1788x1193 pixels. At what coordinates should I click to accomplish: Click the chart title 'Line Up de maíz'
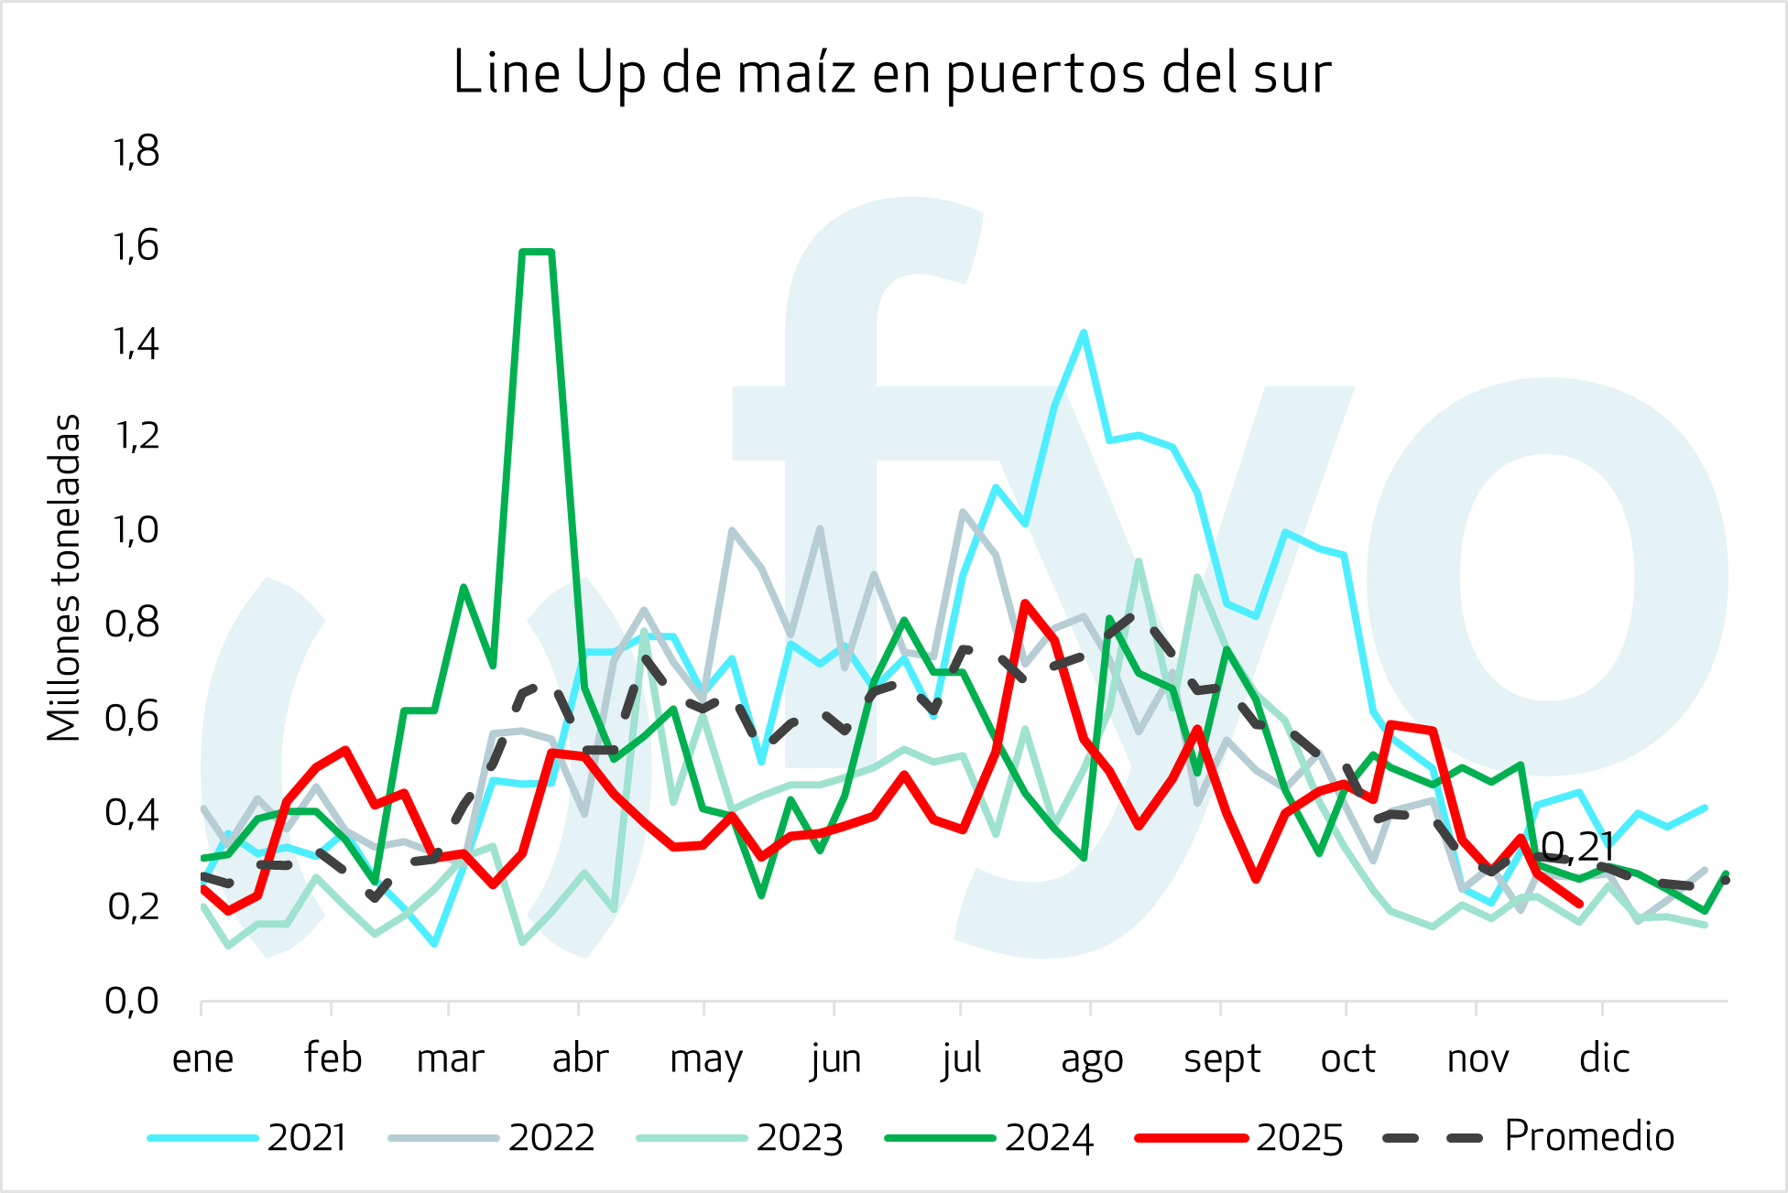coord(892,73)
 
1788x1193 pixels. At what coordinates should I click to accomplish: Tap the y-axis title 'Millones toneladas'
coord(64,578)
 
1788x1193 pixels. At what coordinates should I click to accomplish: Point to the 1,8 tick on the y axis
coord(136,152)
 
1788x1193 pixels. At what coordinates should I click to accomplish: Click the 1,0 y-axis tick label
coord(136,529)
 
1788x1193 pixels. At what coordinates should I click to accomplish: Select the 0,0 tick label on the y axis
coord(132,1001)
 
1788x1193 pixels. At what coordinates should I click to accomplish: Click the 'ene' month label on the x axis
coord(202,1058)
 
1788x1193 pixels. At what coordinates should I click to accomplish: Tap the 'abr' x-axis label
coord(580,1058)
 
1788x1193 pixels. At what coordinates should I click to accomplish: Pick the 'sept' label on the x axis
coord(1222,1058)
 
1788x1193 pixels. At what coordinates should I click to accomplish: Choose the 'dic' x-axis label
coord(1604,1058)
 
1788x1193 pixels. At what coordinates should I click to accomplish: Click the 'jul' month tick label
coord(961,1058)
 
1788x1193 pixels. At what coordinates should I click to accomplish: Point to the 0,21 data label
coord(1577,847)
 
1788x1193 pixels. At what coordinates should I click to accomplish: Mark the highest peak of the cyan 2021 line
coord(1084,332)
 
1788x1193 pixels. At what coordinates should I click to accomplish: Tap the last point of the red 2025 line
coord(1580,905)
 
